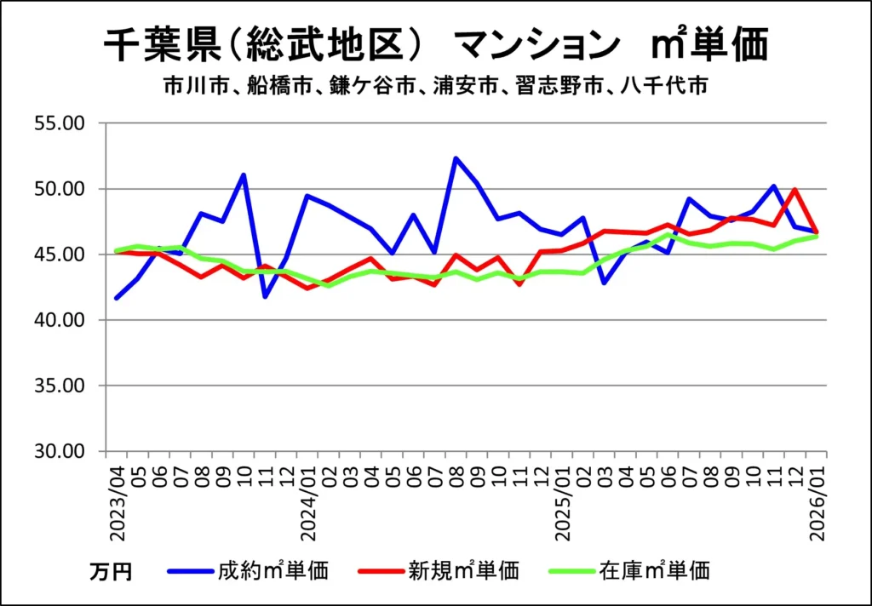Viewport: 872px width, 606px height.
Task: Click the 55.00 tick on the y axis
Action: coord(62,123)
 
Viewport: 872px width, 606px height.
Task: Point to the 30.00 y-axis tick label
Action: coord(62,451)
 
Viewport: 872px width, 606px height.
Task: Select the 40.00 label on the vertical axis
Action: coord(62,320)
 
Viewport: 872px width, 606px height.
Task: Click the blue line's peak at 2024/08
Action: coord(456,158)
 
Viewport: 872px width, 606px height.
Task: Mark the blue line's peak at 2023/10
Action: coord(244,175)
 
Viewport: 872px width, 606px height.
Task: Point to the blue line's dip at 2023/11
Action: coord(266,296)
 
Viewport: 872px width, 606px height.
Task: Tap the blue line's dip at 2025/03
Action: coord(605,282)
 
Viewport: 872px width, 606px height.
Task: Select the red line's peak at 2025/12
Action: coord(795,190)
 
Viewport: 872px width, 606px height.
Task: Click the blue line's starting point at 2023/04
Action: coord(117,298)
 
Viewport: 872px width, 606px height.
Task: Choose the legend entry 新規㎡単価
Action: coord(463,569)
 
